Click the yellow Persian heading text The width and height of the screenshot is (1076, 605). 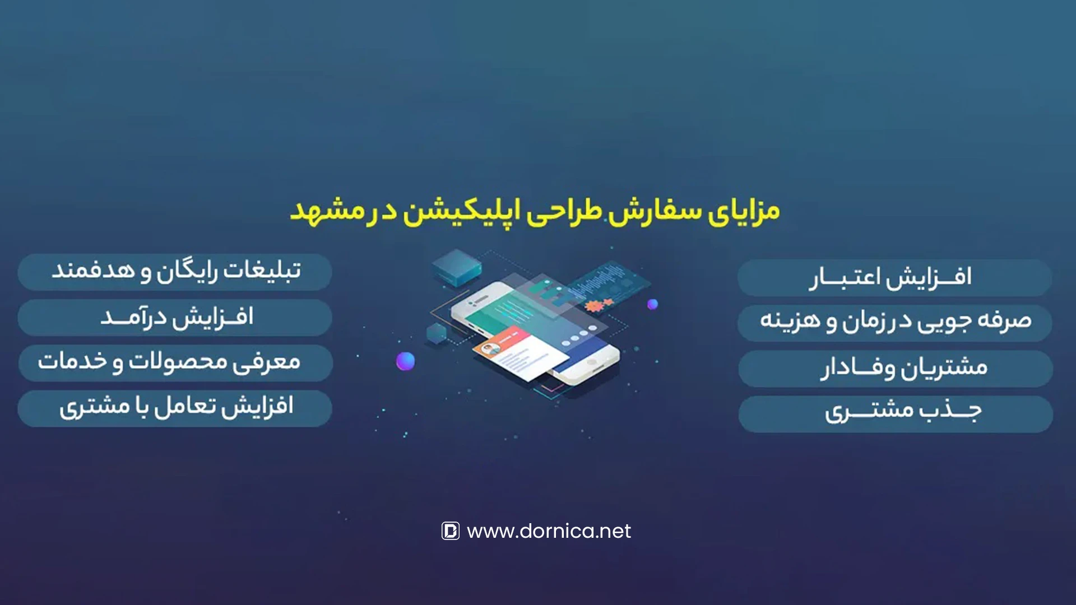click(x=535, y=212)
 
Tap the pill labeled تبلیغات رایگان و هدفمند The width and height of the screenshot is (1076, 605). click(x=175, y=272)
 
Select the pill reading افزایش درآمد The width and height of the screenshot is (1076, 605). click(x=175, y=318)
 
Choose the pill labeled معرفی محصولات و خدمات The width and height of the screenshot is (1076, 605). click(x=175, y=363)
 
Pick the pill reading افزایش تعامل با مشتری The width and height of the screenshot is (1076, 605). click(x=175, y=408)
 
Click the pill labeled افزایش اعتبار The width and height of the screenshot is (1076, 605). click(x=894, y=278)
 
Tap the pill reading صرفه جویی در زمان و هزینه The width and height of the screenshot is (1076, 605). click(x=894, y=323)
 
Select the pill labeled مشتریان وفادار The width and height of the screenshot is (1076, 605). click(x=896, y=369)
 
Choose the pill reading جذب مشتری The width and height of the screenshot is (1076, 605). click(x=896, y=414)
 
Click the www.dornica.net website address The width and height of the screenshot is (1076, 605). click(x=549, y=531)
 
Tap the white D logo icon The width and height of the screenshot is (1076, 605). click(x=451, y=530)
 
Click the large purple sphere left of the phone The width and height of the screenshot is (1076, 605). click(x=406, y=361)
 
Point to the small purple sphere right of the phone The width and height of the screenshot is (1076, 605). click(x=652, y=304)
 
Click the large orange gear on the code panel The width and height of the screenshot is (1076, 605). click(x=591, y=306)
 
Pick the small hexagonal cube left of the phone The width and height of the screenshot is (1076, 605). click(x=437, y=333)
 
